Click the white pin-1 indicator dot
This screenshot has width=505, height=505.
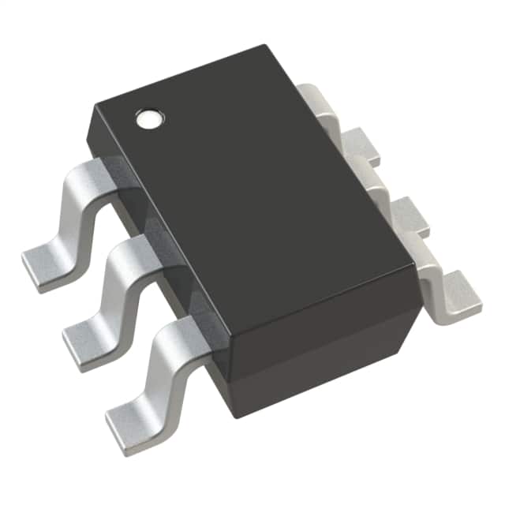point(148,120)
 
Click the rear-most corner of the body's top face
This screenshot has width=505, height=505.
point(264,47)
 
